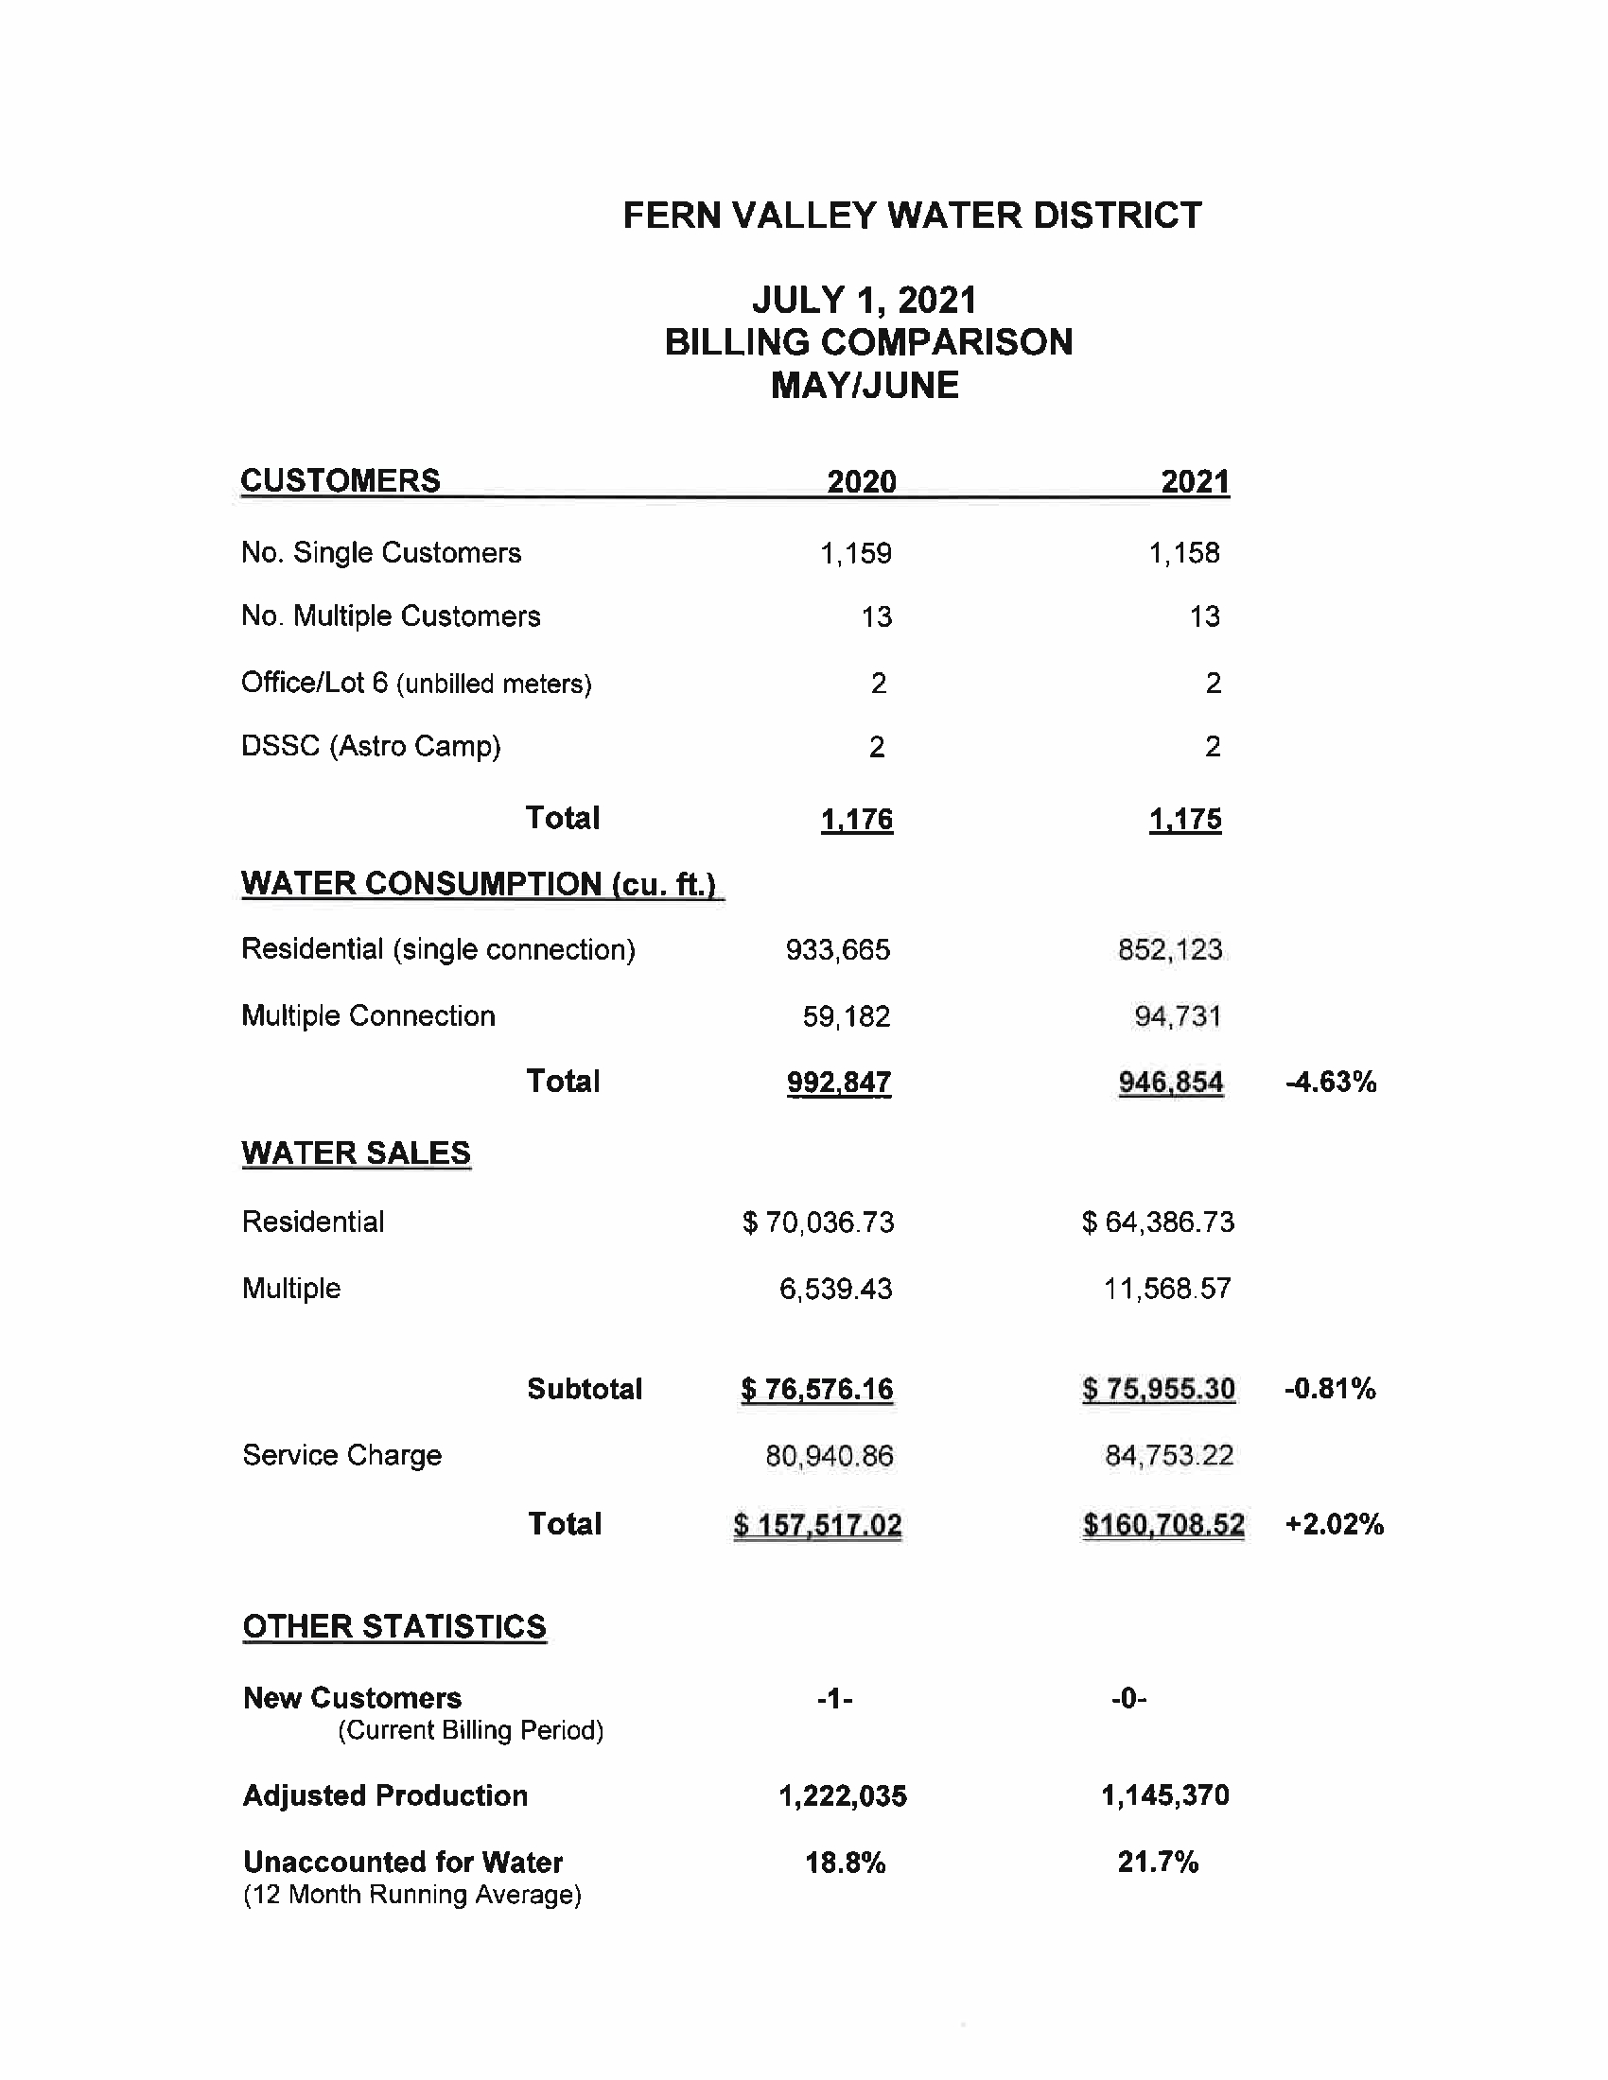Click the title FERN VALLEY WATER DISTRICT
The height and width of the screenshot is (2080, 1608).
tap(912, 216)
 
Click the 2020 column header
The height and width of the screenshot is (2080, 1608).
tap(861, 482)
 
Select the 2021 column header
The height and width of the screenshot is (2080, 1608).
tap(1195, 482)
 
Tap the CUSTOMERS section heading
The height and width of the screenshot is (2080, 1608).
tap(341, 480)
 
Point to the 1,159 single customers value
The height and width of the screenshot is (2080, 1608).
tap(855, 553)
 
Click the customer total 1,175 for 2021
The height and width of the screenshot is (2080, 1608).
tap(1185, 819)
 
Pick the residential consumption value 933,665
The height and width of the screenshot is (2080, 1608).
tap(837, 949)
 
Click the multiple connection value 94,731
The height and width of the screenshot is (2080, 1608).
tap(1178, 1016)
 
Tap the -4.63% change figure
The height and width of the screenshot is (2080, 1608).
tap(1331, 1082)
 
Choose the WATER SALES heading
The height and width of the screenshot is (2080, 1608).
tap(357, 1153)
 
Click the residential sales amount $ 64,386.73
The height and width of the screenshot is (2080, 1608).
tap(1159, 1222)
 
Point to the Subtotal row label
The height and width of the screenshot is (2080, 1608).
tap(585, 1389)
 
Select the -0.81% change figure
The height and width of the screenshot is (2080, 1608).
tap(1330, 1389)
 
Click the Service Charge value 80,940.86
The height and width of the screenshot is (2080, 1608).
tap(830, 1455)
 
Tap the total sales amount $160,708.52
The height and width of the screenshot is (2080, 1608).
tap(1163, 1525)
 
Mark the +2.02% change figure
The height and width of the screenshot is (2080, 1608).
tap(1334, 1525)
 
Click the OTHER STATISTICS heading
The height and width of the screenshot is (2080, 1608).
tap(394, 1627)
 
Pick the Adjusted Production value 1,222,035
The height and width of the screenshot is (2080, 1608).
tap(843, 1796)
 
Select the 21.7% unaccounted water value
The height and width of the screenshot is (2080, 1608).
tap(1158, 1862)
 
